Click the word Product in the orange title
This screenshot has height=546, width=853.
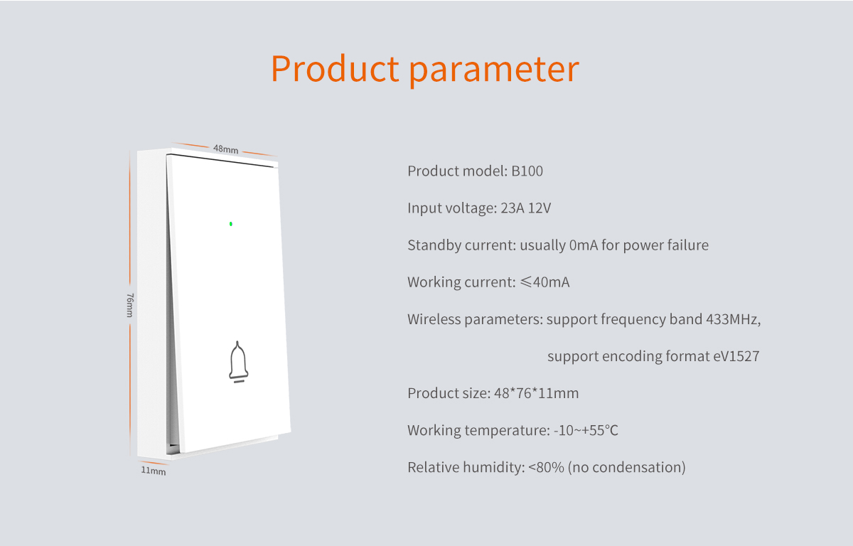335,69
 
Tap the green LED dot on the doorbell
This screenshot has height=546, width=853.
231,224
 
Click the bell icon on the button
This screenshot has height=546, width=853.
238,362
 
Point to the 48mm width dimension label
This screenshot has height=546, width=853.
226,149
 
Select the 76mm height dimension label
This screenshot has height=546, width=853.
130,305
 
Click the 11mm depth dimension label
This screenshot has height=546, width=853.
154,471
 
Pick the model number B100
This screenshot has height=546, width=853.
527,171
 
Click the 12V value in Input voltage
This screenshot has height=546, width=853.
540,208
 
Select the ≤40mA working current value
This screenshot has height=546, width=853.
545,282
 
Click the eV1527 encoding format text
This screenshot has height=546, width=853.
736,356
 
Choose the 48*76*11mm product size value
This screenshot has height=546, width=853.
536,393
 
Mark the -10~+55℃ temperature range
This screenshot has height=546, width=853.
586,430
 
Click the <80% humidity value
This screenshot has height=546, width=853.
546,468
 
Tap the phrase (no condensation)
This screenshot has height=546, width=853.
626,468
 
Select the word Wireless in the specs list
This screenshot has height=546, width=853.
434,319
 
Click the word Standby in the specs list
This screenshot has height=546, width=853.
434,245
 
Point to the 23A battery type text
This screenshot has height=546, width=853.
513,208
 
